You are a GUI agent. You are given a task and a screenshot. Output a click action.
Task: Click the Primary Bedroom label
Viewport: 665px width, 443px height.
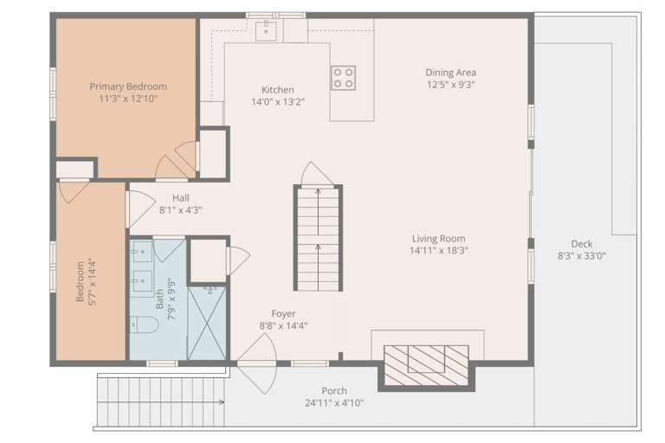point(128,87)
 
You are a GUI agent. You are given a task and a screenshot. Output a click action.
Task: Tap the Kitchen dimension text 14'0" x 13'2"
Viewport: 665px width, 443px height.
point(278,102)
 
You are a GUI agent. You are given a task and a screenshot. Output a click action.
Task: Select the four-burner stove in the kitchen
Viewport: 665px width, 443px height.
point(343,78)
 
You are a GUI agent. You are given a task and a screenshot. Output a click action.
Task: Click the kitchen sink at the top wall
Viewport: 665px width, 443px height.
point(266,30)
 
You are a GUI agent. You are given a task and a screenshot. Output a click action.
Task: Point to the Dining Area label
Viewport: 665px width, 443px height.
point(451,73)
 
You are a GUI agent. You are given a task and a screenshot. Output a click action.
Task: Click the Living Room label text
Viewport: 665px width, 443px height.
point(438,239)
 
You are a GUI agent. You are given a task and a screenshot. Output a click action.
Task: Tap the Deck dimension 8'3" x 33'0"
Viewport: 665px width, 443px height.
point(582,255)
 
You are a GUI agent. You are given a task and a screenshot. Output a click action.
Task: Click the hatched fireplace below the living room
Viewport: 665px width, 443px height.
point(426,365)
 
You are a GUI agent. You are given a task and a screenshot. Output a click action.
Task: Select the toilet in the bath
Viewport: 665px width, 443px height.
point(144,324)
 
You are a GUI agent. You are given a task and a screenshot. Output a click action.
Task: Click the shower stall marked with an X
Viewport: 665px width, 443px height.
point(207,323)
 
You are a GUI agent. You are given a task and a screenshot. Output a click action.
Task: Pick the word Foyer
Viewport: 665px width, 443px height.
point(283,314)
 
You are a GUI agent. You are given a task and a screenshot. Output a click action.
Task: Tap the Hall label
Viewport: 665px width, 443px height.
point(181,197)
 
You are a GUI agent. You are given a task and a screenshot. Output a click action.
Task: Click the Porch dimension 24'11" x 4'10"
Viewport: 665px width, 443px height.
point(334,402)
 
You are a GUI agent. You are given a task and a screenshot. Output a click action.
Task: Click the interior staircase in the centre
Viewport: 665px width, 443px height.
point(318,238)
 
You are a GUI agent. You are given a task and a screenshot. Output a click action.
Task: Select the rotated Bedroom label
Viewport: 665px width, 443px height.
point(80,281)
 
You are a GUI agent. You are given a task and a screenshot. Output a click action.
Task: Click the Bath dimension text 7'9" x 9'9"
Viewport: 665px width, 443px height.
point(171,299)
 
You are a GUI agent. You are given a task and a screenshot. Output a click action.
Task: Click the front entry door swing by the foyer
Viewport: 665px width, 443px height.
point(257,363)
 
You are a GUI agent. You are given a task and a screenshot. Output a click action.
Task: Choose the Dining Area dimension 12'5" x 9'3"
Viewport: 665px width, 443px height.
point(451,85)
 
